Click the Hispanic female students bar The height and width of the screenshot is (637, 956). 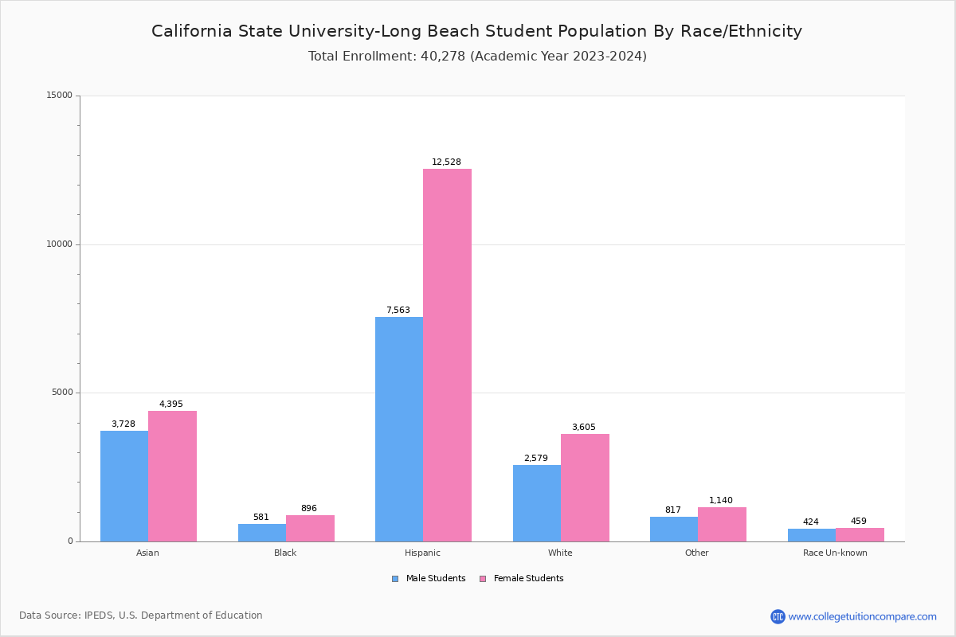tap(447, 355)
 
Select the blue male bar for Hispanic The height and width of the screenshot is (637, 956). tap(399, 429)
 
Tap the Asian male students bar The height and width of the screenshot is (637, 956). tap(124, 486)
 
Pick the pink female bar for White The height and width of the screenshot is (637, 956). tap(585, 487)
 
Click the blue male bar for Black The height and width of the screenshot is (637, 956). tap(262, 533)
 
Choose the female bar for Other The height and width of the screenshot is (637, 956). tap(722, 524)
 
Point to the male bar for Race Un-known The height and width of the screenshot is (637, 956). tap(812, 535)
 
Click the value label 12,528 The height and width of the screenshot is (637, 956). tap(446, 162)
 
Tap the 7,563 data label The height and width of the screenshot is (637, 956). tap(398, 311)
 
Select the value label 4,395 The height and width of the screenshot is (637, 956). tap(171, 404)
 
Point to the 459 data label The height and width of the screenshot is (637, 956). tap(859, 522)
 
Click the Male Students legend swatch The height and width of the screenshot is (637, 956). tap(395, 579)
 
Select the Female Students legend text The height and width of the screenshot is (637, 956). tap(528, 579)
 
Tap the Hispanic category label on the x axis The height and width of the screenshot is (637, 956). tap(422, 553)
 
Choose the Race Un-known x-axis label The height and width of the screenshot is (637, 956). tap(835, 553)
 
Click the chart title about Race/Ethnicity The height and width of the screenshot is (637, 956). tap(476, 32)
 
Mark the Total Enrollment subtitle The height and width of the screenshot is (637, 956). tap(477, 57)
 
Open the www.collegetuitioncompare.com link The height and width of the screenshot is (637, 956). tap(862, 616)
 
